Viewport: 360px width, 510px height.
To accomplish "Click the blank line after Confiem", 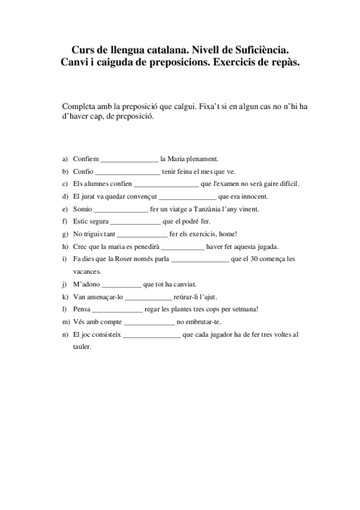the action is pos(129,160).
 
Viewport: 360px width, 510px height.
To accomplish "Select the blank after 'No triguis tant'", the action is pos(142,234).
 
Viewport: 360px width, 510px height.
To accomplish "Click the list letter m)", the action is pos(66,322).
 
